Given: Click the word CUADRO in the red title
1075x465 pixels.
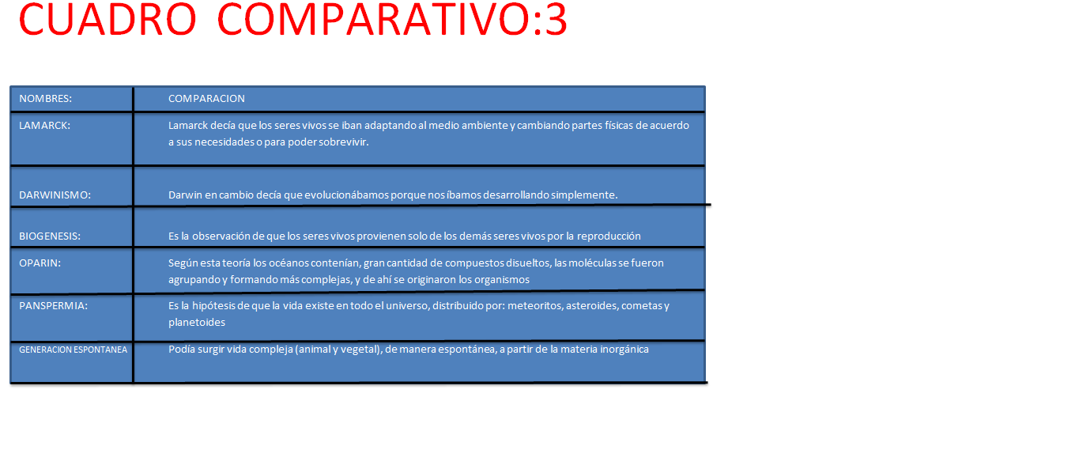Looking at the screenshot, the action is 107,20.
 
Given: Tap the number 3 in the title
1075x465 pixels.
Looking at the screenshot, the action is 556,20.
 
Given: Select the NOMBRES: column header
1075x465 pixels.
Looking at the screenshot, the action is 46,99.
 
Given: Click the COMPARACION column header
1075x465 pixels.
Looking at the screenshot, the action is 206,99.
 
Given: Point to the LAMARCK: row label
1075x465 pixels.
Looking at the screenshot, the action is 44,126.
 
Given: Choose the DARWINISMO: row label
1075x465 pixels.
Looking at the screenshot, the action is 55,195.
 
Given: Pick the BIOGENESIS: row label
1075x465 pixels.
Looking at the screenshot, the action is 50,236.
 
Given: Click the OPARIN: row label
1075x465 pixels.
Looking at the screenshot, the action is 40,263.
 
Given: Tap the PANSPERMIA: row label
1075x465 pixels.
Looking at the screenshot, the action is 53,306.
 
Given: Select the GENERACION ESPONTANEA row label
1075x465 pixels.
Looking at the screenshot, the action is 74,350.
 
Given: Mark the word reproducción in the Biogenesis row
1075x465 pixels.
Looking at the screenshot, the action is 609,236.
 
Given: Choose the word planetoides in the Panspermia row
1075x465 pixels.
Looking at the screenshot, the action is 197,323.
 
